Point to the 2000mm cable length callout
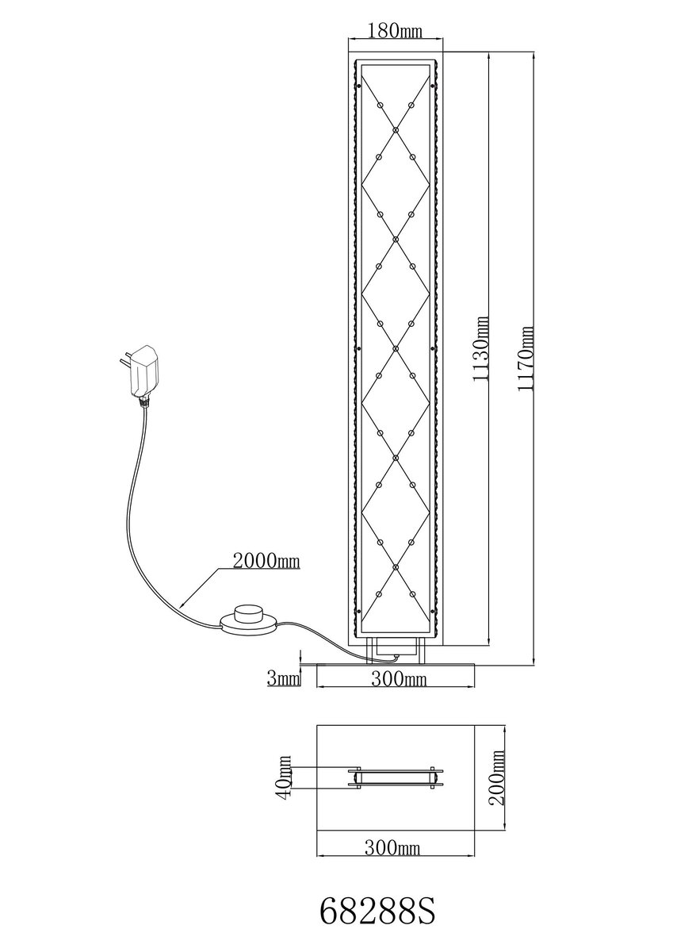coord(265,562)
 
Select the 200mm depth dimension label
coord(498,780)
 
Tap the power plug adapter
coord(145,370)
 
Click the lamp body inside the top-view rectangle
coord(395,777)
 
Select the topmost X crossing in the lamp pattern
coord(395,128)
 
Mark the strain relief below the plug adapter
coord(144,401)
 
